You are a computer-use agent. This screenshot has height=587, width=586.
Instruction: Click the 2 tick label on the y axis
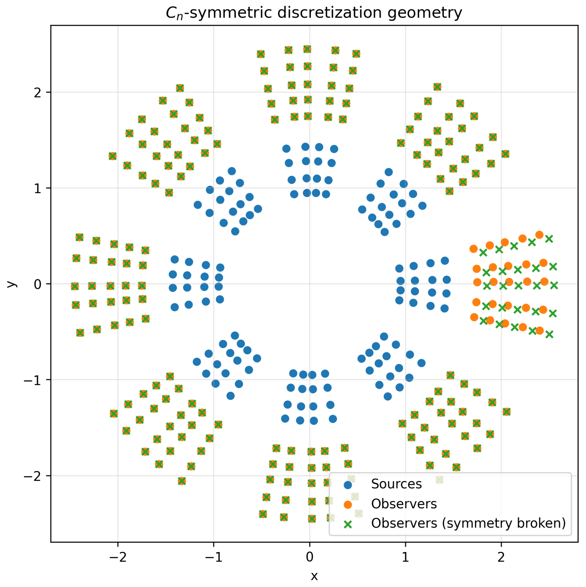tap(37, 92)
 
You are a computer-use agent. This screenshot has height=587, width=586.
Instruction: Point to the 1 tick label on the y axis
tap(37, 188)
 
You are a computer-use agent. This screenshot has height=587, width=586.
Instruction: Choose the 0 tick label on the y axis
tap(37, 284)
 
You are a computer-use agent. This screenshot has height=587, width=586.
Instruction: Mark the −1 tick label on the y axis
tap(33, 380)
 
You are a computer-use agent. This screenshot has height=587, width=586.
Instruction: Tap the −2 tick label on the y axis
tap(33, 476)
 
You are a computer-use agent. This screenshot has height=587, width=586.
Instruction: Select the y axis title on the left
tap(11, 284)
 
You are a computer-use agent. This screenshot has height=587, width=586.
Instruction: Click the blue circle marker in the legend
tap(348, 484)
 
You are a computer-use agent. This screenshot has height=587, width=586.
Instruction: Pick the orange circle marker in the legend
tap(348, 504)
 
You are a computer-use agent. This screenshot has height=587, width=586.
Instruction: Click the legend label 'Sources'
tap(396, 484)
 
